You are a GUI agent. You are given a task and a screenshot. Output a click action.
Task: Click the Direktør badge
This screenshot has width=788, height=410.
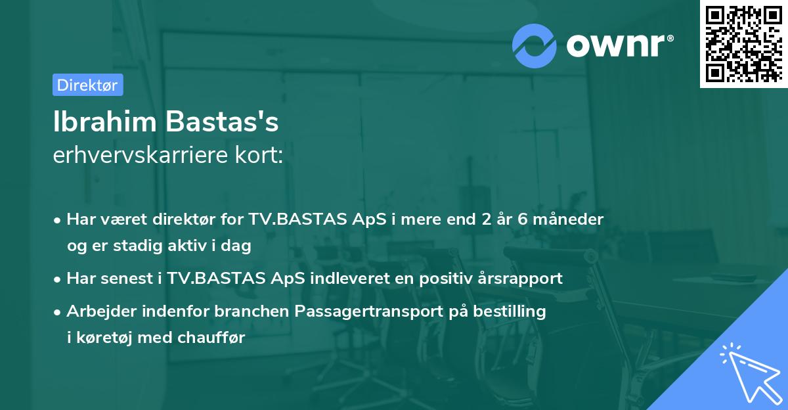coord(87,85)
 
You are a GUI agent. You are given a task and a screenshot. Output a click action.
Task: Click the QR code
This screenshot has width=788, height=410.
coord(743,43)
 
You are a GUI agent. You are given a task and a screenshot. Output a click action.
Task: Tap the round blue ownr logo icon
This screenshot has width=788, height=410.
coord(533,45)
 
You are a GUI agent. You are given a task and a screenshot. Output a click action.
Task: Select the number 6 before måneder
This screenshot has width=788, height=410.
coord(523,219)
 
